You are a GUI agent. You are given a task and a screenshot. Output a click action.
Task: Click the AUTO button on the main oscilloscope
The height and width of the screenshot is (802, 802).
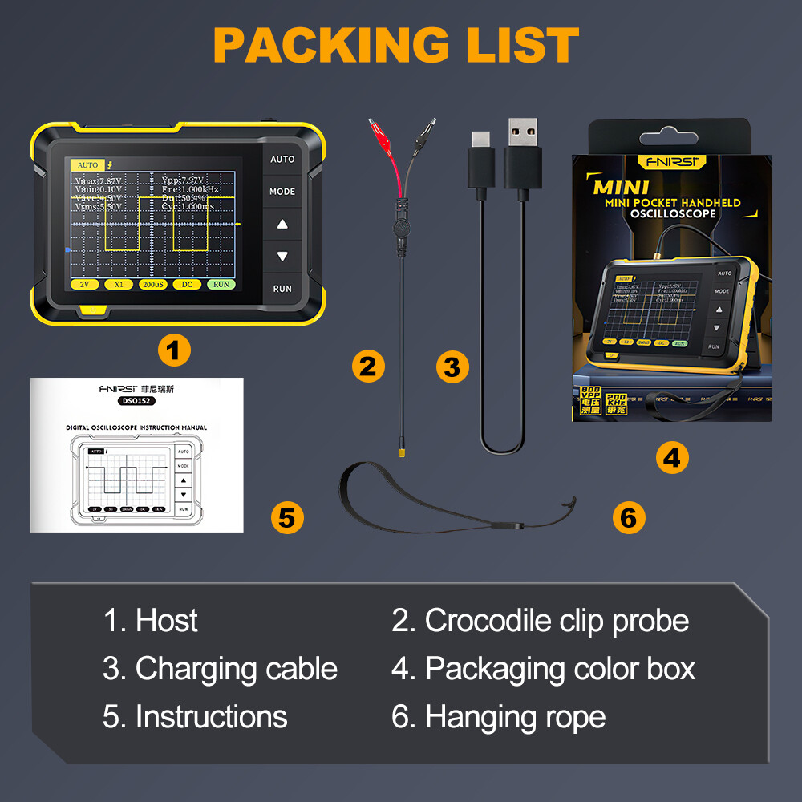(x=282, y=159)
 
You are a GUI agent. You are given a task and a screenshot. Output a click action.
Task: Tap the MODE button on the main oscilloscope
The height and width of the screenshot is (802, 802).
(x=282, y=192)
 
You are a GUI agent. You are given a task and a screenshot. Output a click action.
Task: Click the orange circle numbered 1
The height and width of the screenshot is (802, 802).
(x=174, y=350)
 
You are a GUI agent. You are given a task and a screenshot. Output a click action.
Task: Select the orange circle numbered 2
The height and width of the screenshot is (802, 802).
(x=368, y=367)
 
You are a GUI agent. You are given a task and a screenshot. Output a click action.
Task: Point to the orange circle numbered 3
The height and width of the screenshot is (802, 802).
(x=452, y=367)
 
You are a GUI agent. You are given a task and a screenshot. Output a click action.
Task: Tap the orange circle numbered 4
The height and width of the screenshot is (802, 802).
(x=672, y=458)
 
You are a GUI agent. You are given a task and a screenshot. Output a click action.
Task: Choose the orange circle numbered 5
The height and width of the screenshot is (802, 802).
(x=287, y=517)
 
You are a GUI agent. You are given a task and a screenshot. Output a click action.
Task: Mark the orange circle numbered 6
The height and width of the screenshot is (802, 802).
(x=629, y=517)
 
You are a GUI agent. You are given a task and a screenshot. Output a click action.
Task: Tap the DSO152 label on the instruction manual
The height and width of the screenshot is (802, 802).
(x=134, y=400)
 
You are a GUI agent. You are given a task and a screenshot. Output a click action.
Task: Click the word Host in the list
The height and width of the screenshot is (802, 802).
(x=166, y=621)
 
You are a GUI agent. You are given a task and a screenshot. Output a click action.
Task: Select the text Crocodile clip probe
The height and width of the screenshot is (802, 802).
(x=557, y=621)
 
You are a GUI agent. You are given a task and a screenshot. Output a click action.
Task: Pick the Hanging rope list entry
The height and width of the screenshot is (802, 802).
(x=515, y=716)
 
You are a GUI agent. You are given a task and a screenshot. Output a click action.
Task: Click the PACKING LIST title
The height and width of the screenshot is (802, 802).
(x=396, y=46)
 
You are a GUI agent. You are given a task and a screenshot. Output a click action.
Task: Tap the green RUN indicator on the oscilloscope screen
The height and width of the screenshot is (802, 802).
(x=221, y=284)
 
